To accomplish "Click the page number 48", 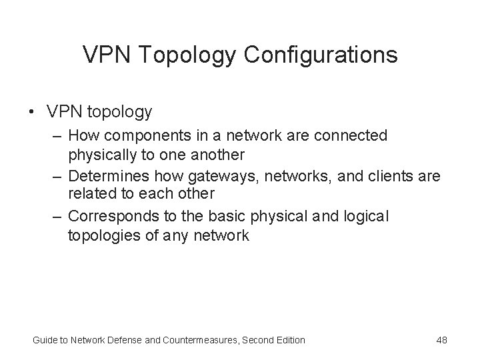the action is [x=441, y=340].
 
